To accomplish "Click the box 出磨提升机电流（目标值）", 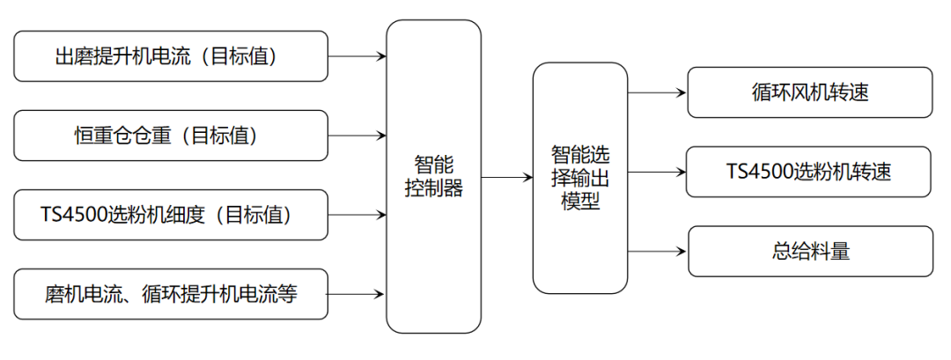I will (171, 56).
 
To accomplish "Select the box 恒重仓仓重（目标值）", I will (171, 136).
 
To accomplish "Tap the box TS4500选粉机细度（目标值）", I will (171, 215).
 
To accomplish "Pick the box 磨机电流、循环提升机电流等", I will (171, 294).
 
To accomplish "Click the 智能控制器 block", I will (434, 176).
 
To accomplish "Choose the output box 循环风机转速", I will (809, 92).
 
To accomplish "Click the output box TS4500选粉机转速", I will (809, 172).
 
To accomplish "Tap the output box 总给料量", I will (809, 252).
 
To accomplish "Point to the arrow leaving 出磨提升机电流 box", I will (357, 56).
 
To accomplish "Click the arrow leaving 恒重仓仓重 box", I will (357, 136).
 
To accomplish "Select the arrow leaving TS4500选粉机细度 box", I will (357, 215).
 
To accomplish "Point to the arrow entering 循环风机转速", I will (657, 92).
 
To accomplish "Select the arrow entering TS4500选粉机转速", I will (657, 172).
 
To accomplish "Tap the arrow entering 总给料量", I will (657, 252).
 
